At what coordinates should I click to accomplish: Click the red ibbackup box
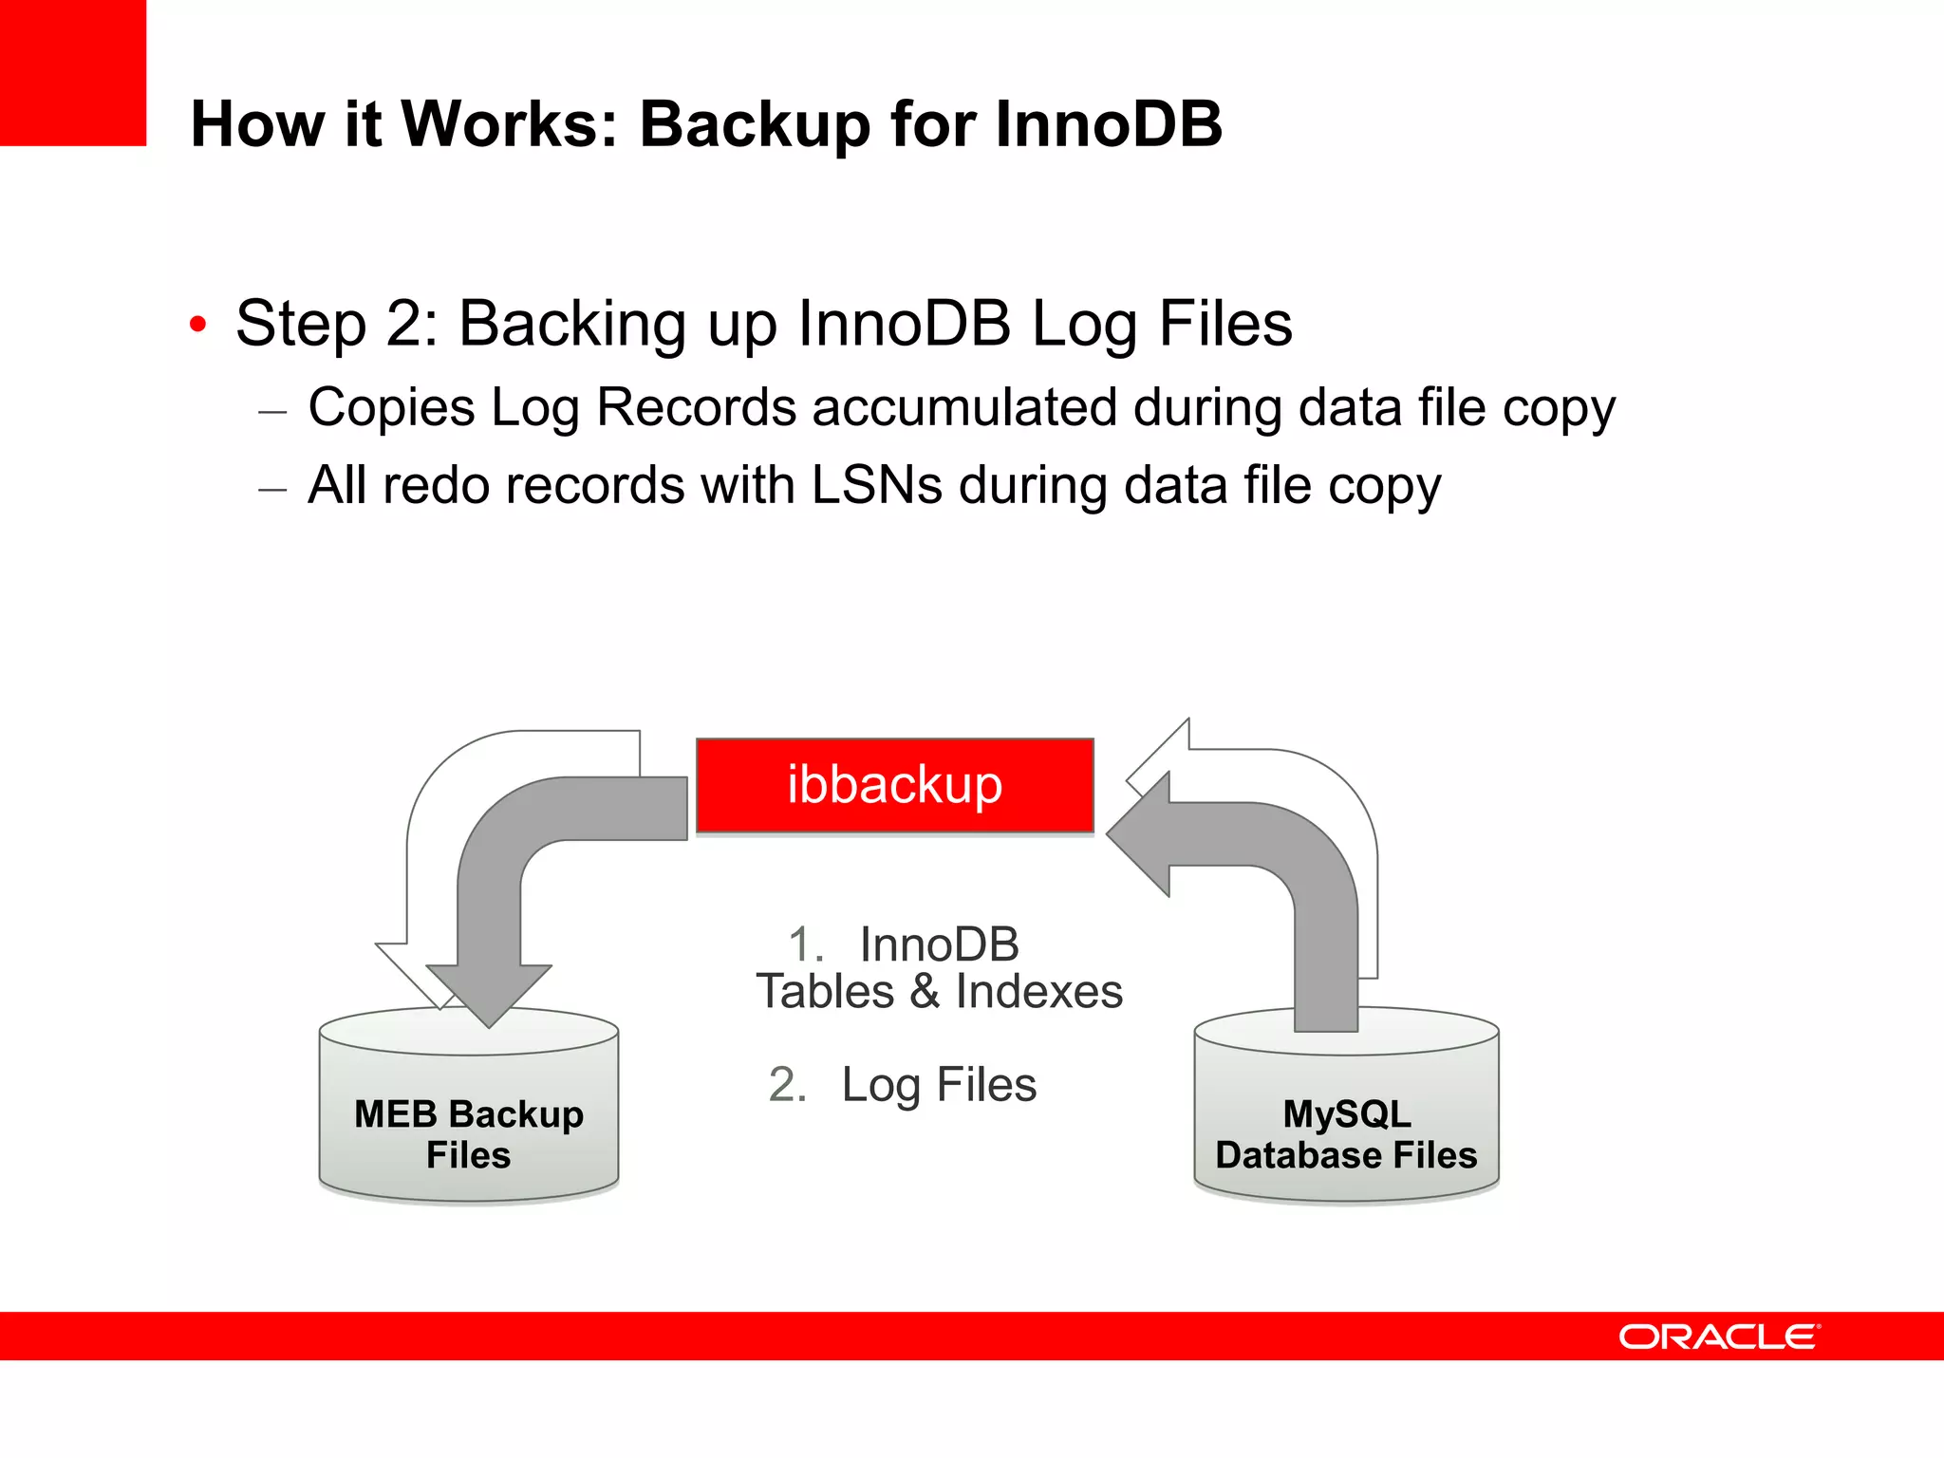click(x=894, y=785)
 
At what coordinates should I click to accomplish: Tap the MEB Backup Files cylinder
click(x=469, y=1120)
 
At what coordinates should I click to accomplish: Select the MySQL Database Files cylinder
click(x=1346, y=1120)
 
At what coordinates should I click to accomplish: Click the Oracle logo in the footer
click(x=1719, y=1336)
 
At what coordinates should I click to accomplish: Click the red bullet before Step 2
click(x=197, y=325)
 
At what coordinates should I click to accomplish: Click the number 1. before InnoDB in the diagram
click(x=806, y=944)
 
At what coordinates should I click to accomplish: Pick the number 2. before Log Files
click(x=787, y=1085)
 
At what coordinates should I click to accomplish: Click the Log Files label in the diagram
click(x=939, y=1085)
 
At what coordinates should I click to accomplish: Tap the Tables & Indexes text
click(x=939, y=992)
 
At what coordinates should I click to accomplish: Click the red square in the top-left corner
click(x=73, y=73)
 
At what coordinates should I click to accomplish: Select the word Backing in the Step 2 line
click(x=571, y=324)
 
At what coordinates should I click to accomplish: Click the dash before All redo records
click(x=272, y=490)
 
